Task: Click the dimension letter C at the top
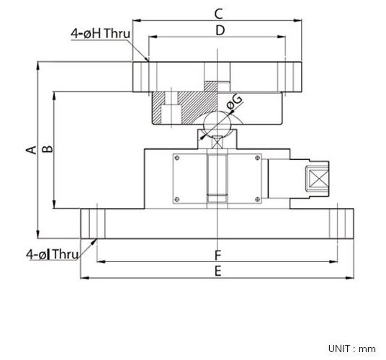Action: (x=218, y=14)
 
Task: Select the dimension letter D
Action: (x=220, y=31)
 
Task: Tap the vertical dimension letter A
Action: (x=31, y=150)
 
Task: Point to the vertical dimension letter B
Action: (x=48, y=149)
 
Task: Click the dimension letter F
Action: (x=218, y=256)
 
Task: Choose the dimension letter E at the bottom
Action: (x=218, y=271)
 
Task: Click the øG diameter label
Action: (x=234, y=102)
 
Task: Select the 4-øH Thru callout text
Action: (x=100, y=33)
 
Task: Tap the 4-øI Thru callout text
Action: (x=53, y=254)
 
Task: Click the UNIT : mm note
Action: (x=351, y=348)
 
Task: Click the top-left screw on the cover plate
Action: (x=176, y=158)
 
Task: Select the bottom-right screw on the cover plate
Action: (x=258, y=199)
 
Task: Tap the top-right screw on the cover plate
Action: (x=258, y=158)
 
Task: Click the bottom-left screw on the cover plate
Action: (x=176, y=199)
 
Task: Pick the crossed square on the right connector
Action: (x=318, y=179)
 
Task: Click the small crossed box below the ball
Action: (x=217, y=143)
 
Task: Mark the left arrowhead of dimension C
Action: (x=137, y=21)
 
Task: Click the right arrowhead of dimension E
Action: (x=349, y=278)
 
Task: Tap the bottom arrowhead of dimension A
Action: (x=37, y=234)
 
